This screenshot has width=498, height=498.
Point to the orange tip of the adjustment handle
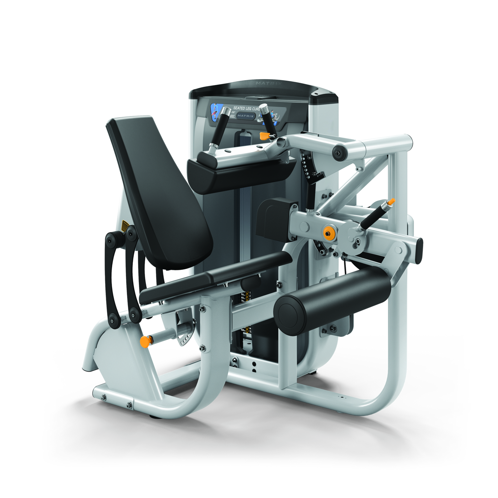click(391, 201)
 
